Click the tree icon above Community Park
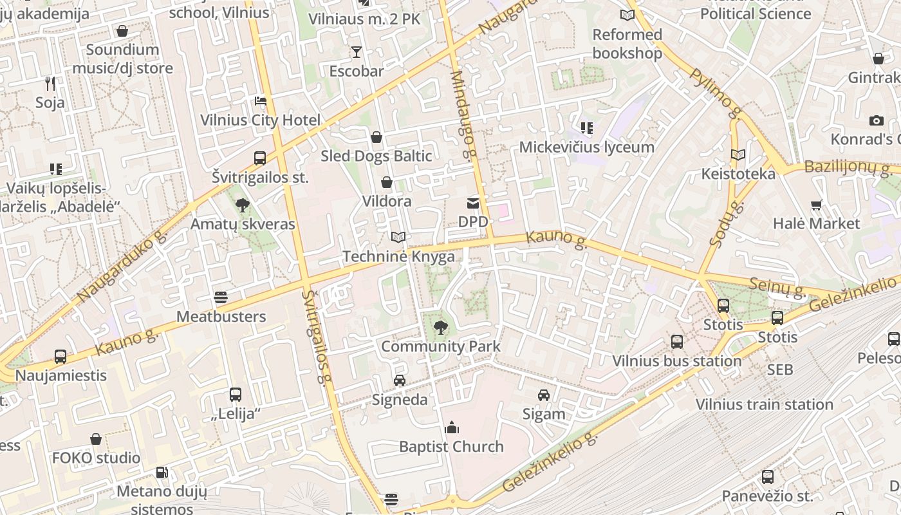tap(441, 328)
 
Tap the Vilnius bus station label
tap(676, 361)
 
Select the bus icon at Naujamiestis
tap(60, 357)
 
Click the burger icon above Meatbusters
tap(221, 297)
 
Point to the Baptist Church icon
tap(452, 427)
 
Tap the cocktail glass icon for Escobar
tap(356, 52)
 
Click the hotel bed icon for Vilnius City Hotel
tap(260, 101)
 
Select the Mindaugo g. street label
tap(463, 114)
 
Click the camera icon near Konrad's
tap(876, 120)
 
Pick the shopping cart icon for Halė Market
tap(816, 205)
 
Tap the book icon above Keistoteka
tap(738, 154)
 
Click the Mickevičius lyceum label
tap(586, 147)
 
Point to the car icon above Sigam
tap(544, 395)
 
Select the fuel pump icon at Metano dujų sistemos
tap(162, 473)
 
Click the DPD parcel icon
tap(473, 203)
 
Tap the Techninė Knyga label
tap(398, 256)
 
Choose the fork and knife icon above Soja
tap(50, 83)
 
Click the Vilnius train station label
tap(764, 404)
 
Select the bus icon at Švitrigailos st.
tap(260, 158)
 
